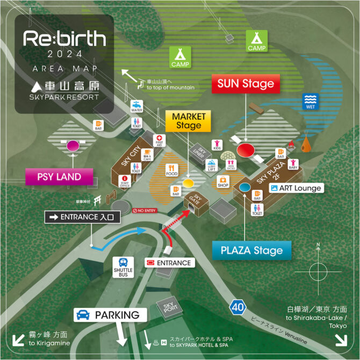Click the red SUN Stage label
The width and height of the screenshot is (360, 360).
(x=246, y=83)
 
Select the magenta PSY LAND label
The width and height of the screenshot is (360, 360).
(x=60, y=176)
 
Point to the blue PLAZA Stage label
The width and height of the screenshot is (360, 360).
(x=251, y=250)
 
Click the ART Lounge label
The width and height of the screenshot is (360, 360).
(x=297, y=188)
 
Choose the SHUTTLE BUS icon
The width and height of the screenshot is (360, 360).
(x=123, y=266)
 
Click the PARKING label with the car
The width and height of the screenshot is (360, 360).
(x=110, y=315)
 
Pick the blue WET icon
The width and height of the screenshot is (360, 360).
(x=310, y=102)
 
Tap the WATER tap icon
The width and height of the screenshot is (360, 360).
(x=136, y=106)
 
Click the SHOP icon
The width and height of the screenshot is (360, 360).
(x=223, y=182)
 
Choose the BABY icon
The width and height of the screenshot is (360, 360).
(x=293, y=164)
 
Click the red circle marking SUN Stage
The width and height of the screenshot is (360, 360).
(x=246, y=149)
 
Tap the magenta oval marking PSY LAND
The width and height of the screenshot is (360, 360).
(x=73, y=145)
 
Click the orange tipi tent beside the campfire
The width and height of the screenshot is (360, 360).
(x=306, y=143)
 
